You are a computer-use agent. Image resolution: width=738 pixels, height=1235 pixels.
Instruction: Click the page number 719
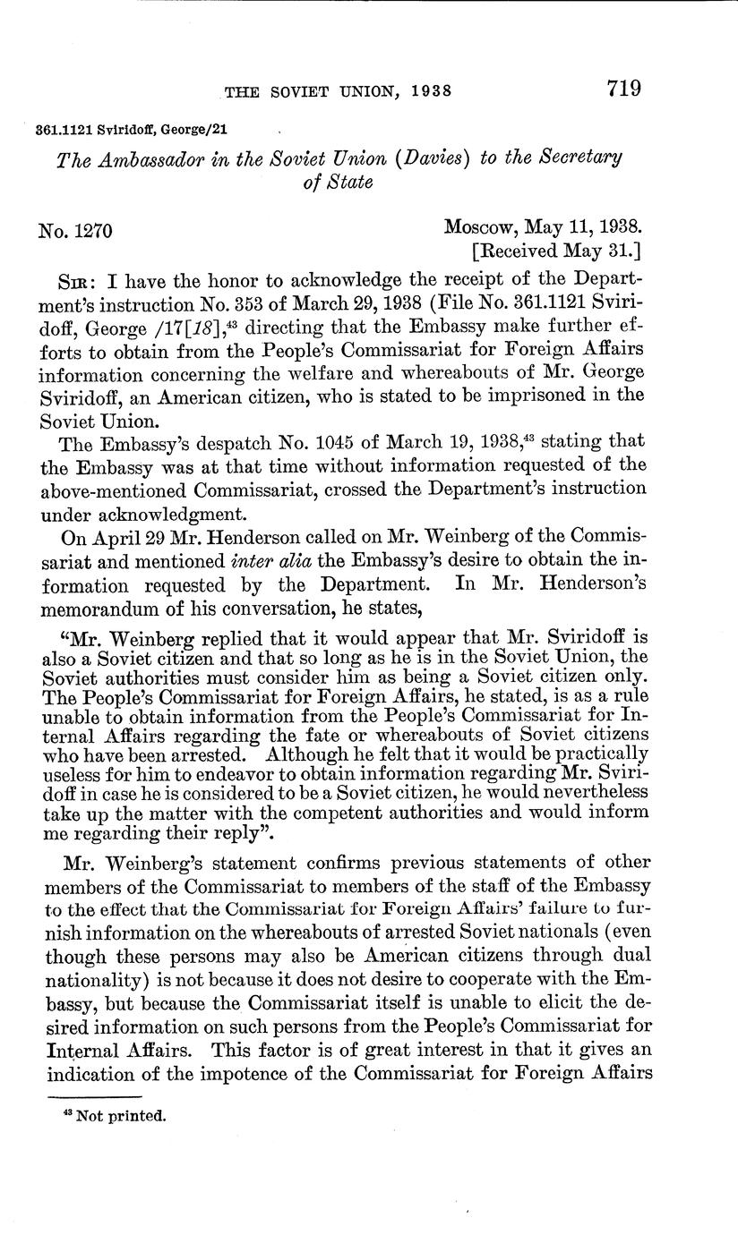[x=624, y=89]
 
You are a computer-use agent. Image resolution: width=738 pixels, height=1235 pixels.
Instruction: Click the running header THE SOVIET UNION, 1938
[x=336, y=91]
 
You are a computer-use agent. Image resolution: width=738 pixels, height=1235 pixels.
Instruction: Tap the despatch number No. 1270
[x=75, y=230]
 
